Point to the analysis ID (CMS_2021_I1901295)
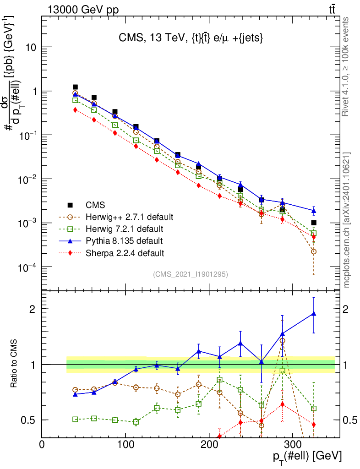click(191, 274)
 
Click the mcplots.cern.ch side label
click(347, 220)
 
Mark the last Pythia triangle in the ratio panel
click(314, 314)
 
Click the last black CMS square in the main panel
click(314, 223)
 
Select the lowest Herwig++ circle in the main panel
click(314, 251)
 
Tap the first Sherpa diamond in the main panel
click(75, 110)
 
